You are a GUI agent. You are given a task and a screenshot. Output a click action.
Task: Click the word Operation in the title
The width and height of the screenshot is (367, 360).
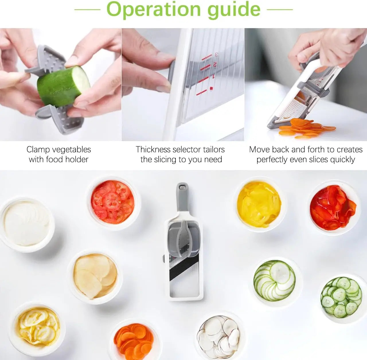coord(154,10)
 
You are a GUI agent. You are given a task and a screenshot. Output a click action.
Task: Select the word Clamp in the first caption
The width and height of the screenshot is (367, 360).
coord(39,149)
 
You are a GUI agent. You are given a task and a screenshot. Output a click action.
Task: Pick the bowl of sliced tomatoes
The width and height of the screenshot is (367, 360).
coord(113,202)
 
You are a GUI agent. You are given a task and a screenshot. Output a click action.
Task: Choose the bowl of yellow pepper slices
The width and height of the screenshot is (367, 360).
coord(259,204)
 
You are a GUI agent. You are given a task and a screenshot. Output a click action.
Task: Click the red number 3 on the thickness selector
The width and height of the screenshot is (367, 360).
coord(216,54)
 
